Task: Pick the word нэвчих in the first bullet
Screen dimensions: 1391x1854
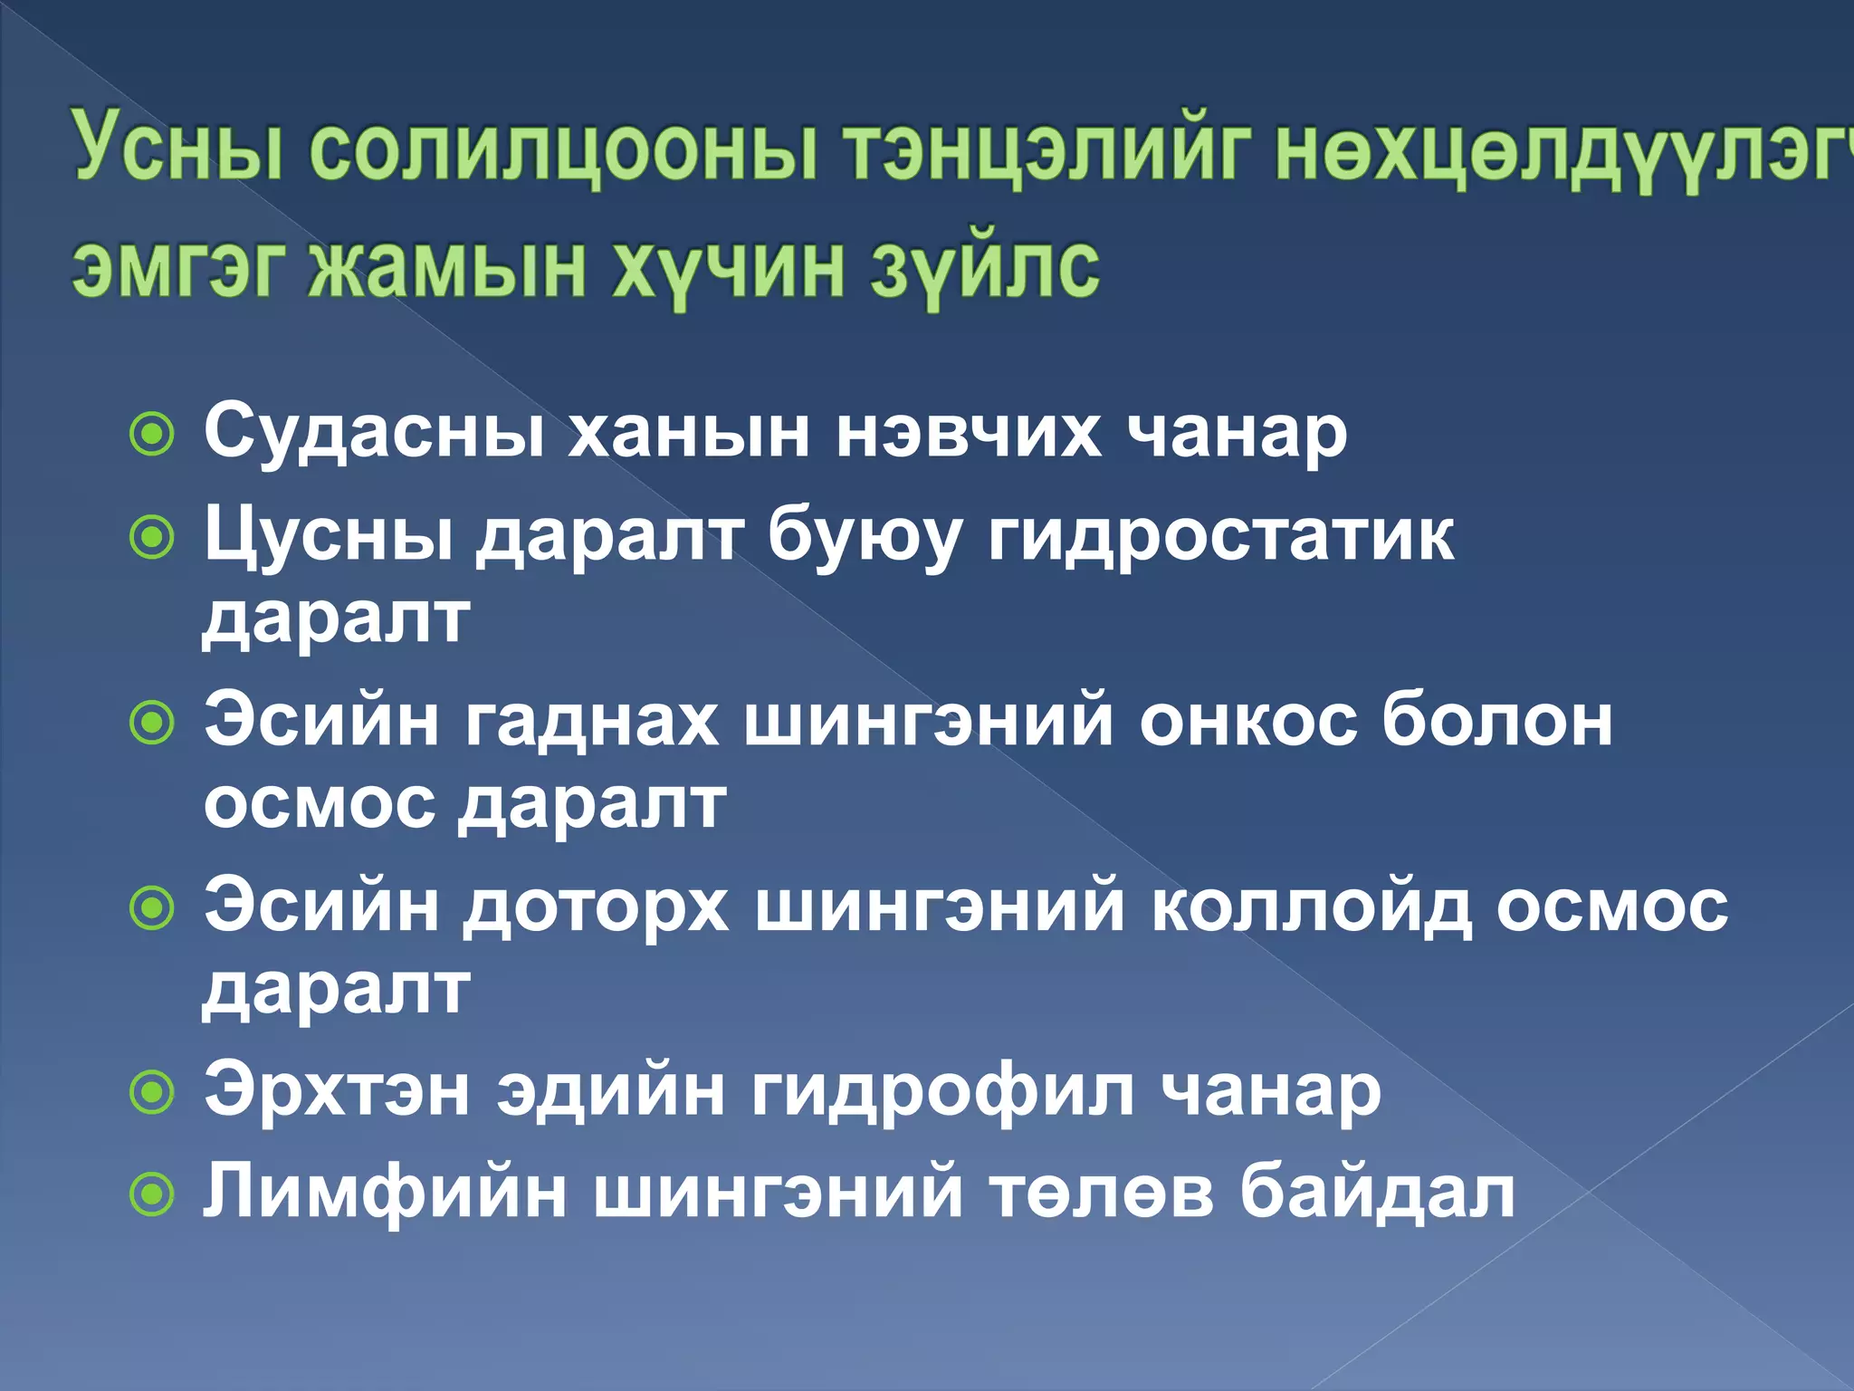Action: click(x=969, y=432)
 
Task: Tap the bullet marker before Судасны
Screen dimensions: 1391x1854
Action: click(x=152, y=436)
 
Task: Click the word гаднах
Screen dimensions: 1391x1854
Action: click(x=593, y=722)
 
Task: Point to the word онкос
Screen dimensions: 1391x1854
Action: click(x=1248, y=722)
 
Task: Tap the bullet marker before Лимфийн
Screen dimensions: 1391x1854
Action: click(x=152, y=1195)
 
